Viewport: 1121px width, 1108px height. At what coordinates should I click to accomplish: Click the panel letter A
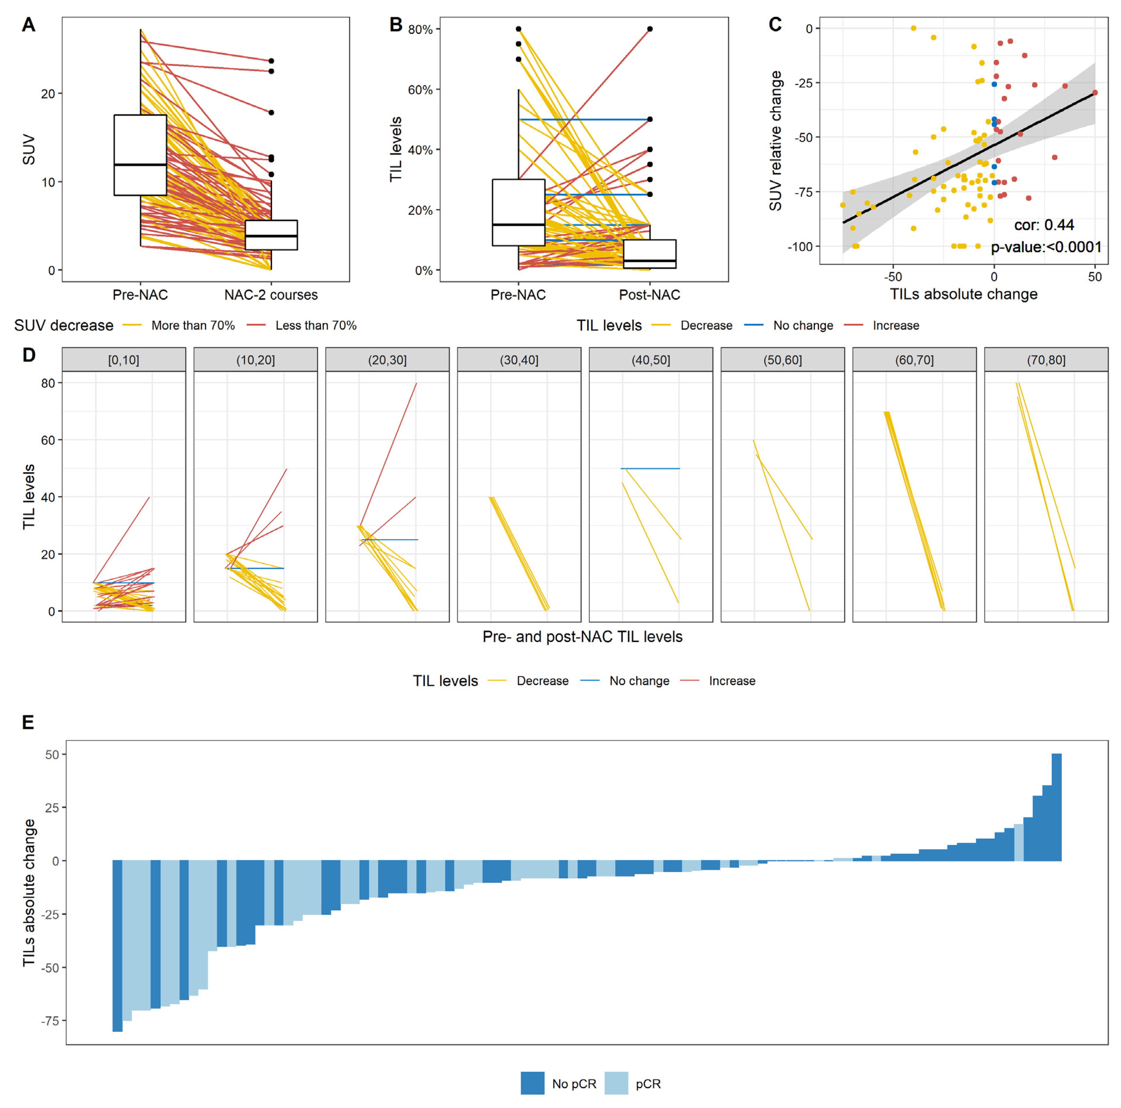coord(28,25)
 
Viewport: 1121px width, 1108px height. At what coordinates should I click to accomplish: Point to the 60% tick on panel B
coord(420,90)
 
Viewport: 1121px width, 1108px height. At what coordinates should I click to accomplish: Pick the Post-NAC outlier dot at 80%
coord(650,29)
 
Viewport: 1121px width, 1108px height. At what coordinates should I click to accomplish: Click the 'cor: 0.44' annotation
coord(1044,225)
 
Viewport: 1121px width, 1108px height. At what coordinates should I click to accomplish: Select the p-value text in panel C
coord(1045,247)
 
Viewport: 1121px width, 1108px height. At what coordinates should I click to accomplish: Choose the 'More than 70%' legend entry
coord(193,325)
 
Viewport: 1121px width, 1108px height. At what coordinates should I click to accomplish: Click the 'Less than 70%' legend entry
coord(316,325)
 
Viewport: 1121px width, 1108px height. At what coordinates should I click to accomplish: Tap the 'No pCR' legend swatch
coord(532,1083)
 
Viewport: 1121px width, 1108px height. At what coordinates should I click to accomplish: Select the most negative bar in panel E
coord(117,946)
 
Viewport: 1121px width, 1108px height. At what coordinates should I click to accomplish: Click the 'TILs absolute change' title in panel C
coord(963,294)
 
